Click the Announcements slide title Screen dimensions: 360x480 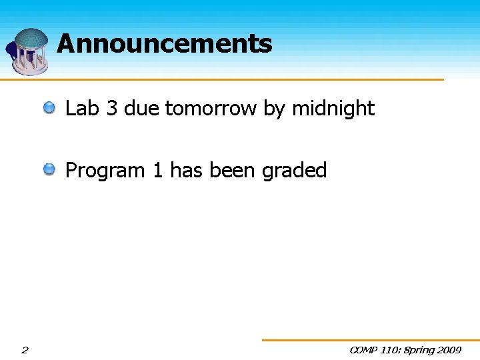pyautogui.click(x=165, y=44)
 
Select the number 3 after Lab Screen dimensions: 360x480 pyautogui.click(x=111, y=108)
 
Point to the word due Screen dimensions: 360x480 pyautogui.click(x=141, y=108)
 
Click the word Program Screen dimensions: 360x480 pyautogui.click(x=105, y=171)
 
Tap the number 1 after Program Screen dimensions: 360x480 pyautogui.click(x=158, y=171)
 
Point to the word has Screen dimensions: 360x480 pyautogui.click(x=187, y=171)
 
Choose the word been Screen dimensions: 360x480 pyautogui.click(x=233, y=171)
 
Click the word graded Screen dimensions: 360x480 pyautogui.click(x=294, y=171)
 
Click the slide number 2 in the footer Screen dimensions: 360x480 pyautogui.click(x=25, y=349)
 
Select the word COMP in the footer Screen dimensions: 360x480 pyautogui.click(x=364, y=349)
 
